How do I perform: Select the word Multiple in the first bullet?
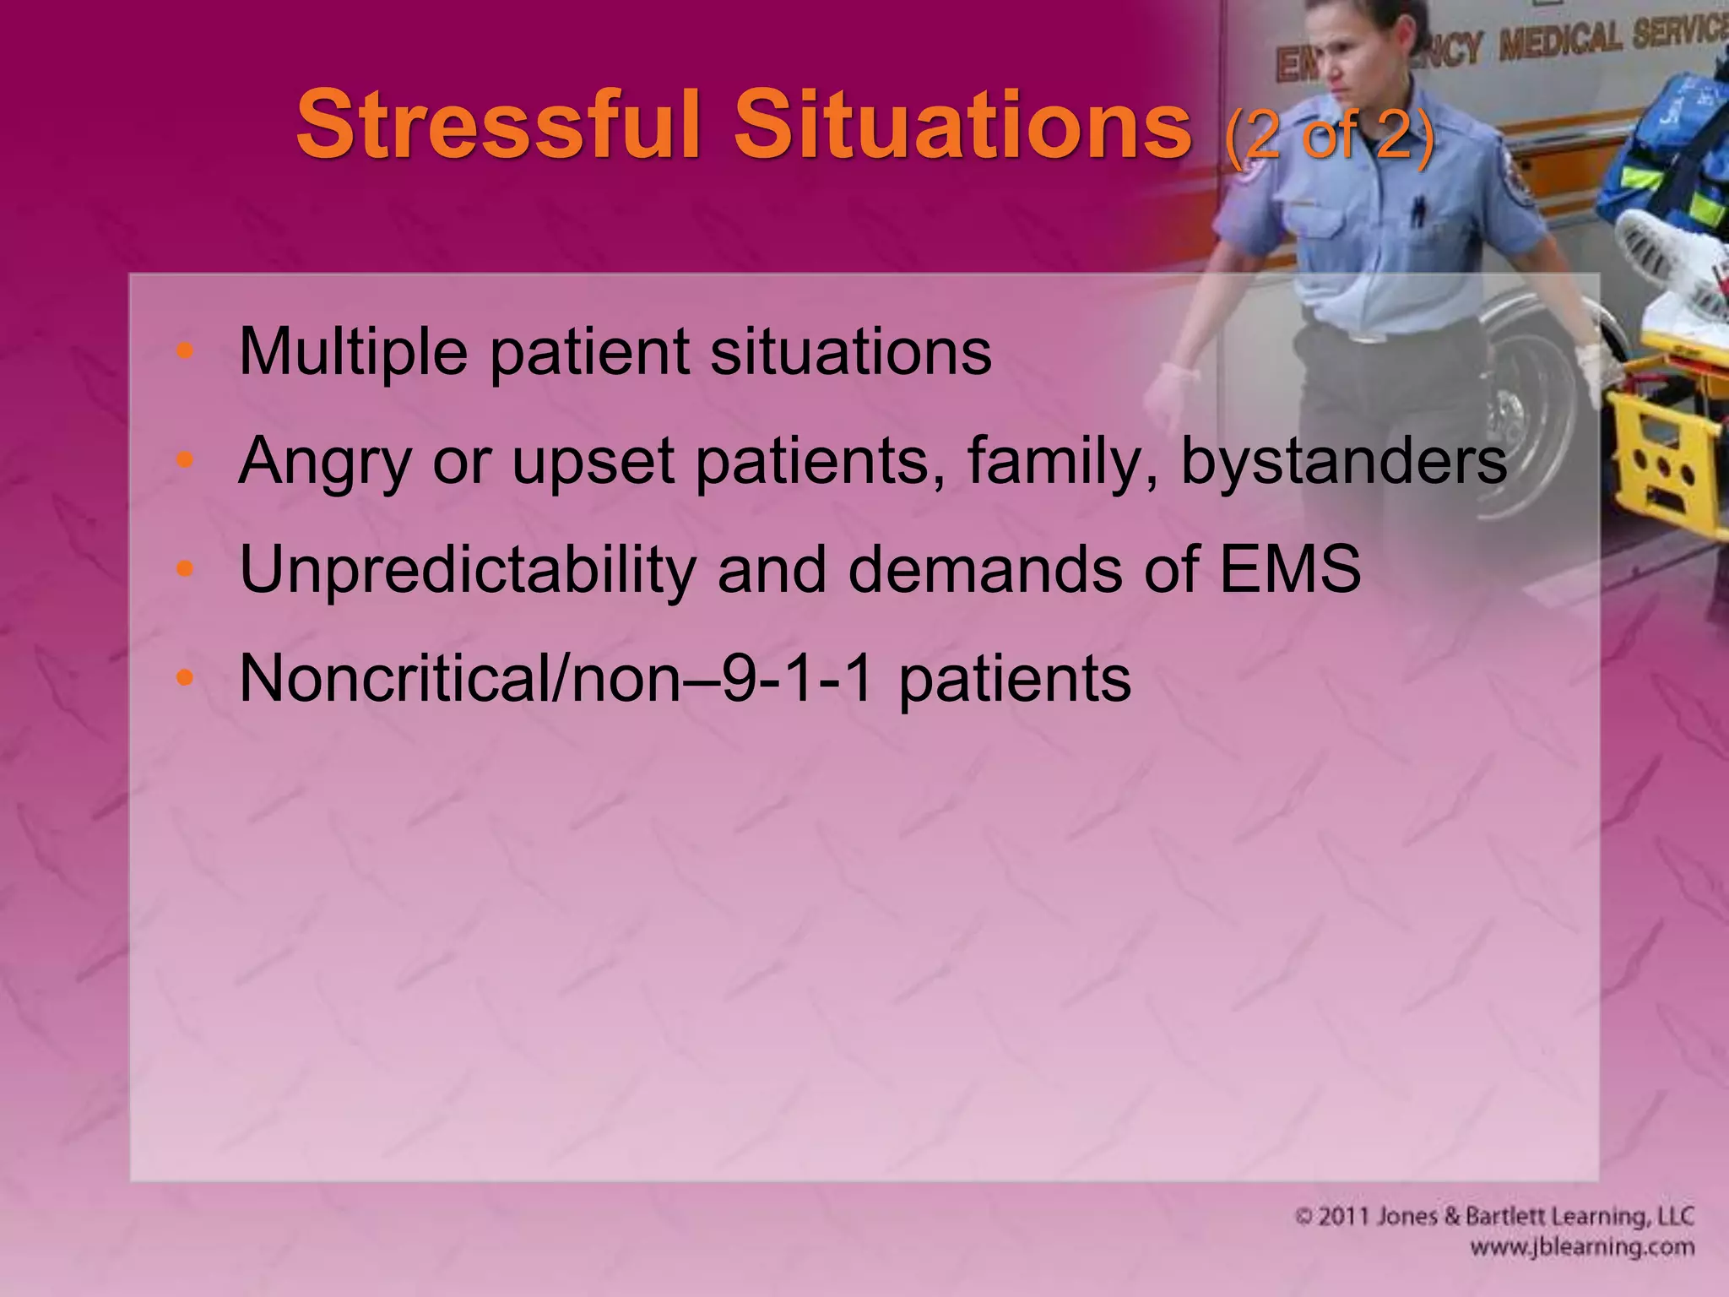pyautogui.click(x=353, y=351)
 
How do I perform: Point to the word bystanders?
pyautogui.click(x=1343, y=461)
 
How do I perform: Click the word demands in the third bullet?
pyautogui.click(x=984, y=569)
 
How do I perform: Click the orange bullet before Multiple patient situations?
pyautogui.click(x=185, y=351)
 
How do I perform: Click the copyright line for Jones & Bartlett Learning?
pyautogui.click(x=1494, y=1217)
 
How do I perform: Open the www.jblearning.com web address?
pyautogui.click(x=1581, y=1247)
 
